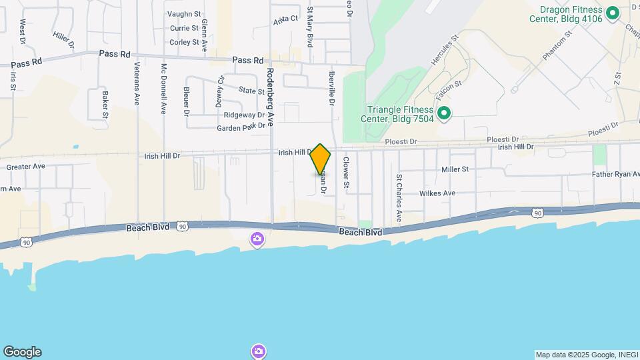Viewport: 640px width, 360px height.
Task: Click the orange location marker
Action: click(x=320, y=160)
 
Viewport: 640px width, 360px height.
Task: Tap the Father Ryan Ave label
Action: click(x=615, y=175)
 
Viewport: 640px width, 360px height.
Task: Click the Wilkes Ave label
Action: click(x=437, y=193)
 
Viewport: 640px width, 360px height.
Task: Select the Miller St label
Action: click(x=455, y=169)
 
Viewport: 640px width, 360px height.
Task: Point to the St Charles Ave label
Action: click(x=399, y=199)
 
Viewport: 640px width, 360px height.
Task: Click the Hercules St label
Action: click(x=445, y=50)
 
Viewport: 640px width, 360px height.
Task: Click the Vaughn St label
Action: click(x=184, y=14)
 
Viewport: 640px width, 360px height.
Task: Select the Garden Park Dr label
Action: click(x=241, y=127)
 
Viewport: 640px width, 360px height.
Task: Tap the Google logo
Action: click(x=22, y=352)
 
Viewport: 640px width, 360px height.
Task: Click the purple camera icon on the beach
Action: click(x=257, y=239)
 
